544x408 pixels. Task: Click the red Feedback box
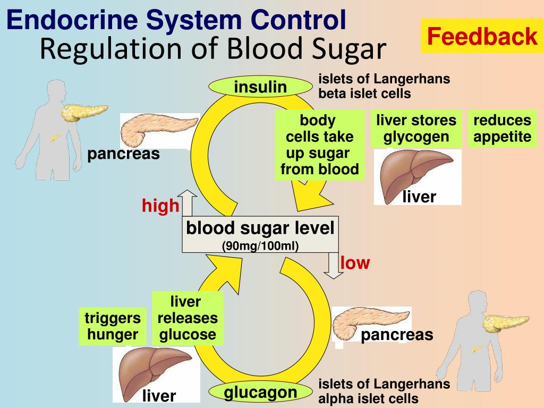pos(482,36)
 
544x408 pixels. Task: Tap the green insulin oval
pos(260,87)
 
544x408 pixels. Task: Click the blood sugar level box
pos(260,234)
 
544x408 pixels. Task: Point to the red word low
pos(355,262)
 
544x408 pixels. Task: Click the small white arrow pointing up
pos(187,202)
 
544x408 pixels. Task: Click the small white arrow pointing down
pos(334,266)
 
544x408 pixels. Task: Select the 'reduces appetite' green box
pos(502,129)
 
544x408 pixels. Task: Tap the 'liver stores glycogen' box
pos(416,129)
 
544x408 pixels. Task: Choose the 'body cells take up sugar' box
pos(320,144)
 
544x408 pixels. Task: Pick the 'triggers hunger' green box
pos(113,326)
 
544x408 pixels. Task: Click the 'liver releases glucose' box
pos(187,318)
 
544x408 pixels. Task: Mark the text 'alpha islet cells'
pos(368,398)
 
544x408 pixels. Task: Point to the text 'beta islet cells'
pos(364,93)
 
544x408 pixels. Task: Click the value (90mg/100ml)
pos(260,245)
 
